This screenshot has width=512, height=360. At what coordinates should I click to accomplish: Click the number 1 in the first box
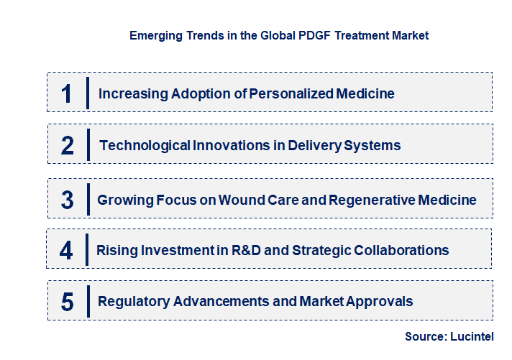[x=66, y=93]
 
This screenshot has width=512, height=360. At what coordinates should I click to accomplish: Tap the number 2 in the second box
[x=68, y=145]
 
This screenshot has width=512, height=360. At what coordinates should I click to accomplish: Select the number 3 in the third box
[x=68, y=200]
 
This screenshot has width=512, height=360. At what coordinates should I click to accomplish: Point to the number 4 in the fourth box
[x=66, y=250]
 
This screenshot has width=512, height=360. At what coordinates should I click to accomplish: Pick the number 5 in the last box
[x=68, y=301]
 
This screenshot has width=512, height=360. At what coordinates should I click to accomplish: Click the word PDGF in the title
[x=311, y=35]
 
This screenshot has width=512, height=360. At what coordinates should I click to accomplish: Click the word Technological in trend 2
[x=145, y=145]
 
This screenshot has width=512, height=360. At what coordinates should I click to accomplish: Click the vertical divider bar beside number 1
[x=87, y=93]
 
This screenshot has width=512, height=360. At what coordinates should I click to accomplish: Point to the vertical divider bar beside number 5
[x=87, y=300]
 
